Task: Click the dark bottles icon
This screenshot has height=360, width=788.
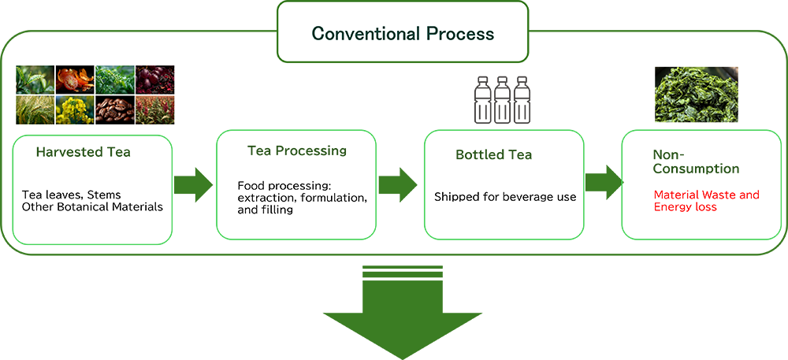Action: point(493,98)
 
